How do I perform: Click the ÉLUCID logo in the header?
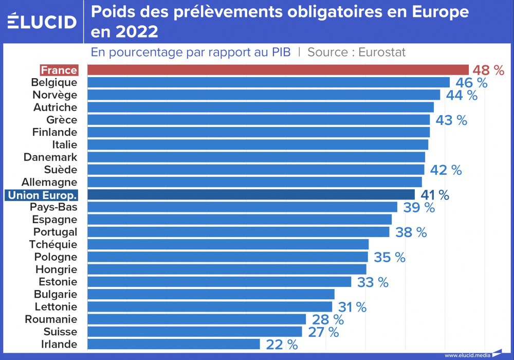click(42, 22)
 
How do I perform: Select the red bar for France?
click(278, 70)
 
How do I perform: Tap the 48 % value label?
click(488, 70)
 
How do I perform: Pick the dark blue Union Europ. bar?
click(251, 194)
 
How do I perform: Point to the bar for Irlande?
click(174, 344)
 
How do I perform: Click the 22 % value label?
click(282, 345)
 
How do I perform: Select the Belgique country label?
click(54, 82)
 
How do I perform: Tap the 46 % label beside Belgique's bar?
click(471, 83)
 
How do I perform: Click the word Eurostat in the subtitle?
click(381, 52)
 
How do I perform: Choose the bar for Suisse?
click(194, 332)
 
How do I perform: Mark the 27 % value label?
click(323, 332)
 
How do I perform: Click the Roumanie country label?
click(51, 319)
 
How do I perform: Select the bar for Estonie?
click(219, 282)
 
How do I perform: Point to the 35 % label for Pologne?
click(389, 257)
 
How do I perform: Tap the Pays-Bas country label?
click(53, 207)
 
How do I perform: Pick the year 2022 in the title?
click(136, 32)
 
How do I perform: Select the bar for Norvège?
click(264, 95)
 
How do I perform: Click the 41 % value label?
click(435, 195)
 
